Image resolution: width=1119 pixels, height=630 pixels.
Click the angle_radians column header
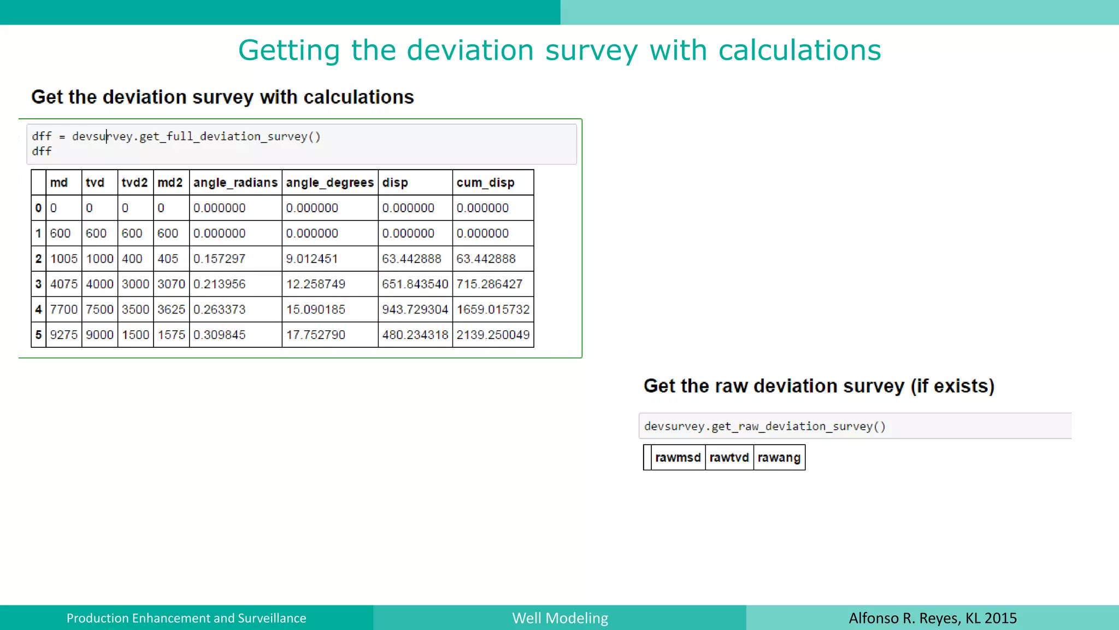pyautogui.click(x=235, y=183)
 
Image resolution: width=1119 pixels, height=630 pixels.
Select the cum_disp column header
pyautogui.click(x=485, y=183)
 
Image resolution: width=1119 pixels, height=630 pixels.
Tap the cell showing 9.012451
pyautogui.click(x=311, y=259)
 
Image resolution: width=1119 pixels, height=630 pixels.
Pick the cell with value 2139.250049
pyautogui.click(x=493, y=335)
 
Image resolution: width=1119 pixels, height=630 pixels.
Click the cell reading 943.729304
pyautogui.click(x=415, y=310)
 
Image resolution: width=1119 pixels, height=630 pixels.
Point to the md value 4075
pyautogui.click(x=63, y=284)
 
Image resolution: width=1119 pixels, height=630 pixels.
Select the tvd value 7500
pyautogui.click(x=99, y=310)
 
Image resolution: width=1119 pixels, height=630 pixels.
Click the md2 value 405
pyautogui.click(x=168, y=259)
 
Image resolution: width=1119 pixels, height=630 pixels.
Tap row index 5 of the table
pyautogui.click(x=38, y=335)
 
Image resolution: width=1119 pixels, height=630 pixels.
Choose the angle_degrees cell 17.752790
pyautogui.click(x=315, y=335)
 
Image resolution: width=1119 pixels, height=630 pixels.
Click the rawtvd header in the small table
pyautogui.click(x=729, y=458)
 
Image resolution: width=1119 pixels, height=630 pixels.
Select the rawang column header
pyautogui.click(x=779, y=458)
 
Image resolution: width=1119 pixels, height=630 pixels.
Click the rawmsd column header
pyautogui.click(x=678, y=458)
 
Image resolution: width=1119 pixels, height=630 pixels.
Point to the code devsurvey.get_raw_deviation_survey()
pyautogui.click(x=764, y=427)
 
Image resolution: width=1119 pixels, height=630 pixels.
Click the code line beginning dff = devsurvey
pyautogui.click(x=176, y=137)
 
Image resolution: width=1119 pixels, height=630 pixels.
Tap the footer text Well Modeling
pyautogui.click(x=559, y=618)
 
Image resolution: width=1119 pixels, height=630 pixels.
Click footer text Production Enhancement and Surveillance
pyautogui.click(x=186, y=618)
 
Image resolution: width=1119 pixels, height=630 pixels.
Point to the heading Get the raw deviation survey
pyautogui.click(x=818, y=386)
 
